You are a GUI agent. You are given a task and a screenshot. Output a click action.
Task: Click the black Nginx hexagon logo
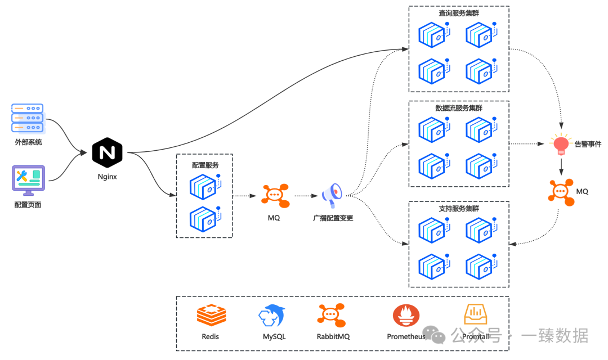point(108,152)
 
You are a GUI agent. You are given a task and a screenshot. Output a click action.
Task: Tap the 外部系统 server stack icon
point(28,118)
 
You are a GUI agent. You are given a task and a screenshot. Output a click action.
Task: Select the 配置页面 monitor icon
point(28,179)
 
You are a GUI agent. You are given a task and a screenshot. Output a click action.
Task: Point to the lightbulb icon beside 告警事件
point(561,144)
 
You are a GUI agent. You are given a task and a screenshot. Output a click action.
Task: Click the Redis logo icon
point(211,315)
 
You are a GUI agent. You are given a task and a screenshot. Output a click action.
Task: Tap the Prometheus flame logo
point(406,316)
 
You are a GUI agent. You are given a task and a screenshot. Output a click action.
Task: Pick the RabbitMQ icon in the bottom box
point(332,316)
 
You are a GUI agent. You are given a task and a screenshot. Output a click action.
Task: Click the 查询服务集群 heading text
point(459,13)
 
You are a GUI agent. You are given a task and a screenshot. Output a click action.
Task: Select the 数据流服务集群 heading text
point(459,108)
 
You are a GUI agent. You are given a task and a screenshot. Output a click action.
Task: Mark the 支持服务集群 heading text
point(459,208)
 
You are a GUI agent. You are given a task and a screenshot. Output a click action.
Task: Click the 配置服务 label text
point(205,165)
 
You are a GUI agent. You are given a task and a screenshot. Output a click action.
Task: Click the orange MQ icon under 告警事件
point(561,192)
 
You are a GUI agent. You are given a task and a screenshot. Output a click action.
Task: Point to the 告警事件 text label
point(588,144)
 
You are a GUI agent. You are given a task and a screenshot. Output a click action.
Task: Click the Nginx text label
point(107,175)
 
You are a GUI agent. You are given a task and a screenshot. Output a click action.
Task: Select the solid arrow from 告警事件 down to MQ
point(561,167)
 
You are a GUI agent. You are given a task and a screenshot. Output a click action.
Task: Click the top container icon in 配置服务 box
point(204,186)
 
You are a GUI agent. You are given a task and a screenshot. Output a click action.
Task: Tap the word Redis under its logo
point(210,336)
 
